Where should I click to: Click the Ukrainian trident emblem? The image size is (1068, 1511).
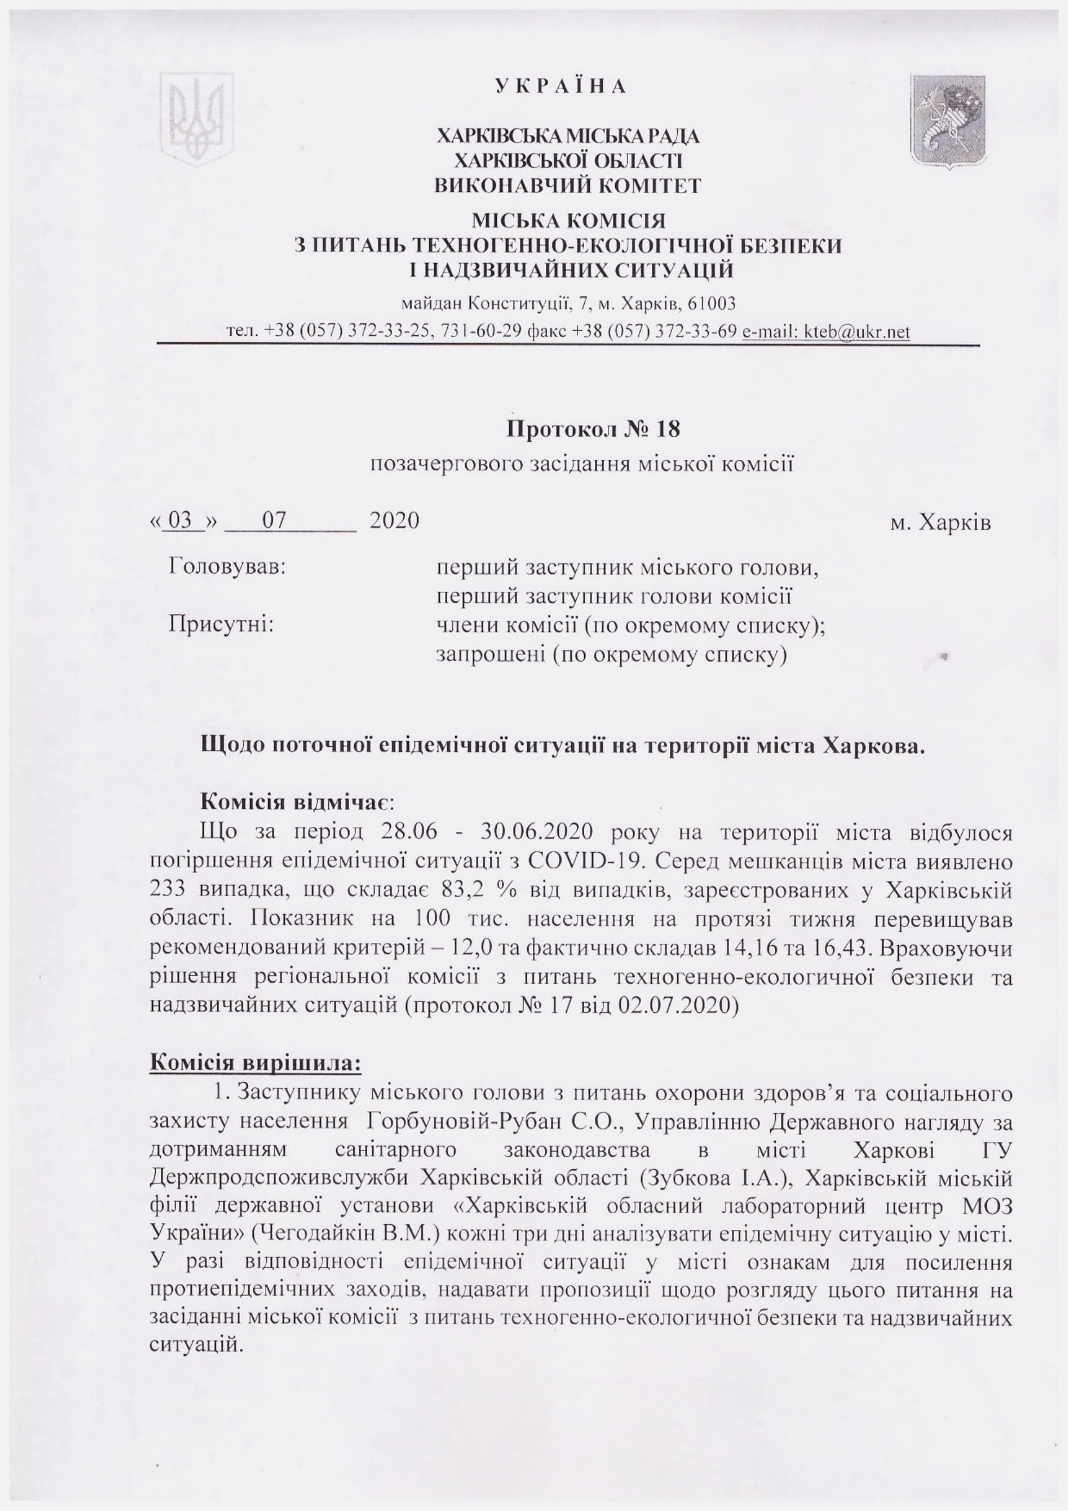(196, 118)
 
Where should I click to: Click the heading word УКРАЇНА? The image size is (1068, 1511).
(561, 86)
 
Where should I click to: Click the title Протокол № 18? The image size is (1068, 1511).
(593, 429)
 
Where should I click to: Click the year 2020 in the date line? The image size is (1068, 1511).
(394, 521)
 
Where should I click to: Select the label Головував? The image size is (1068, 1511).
(227, 566)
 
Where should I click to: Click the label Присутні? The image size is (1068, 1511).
(221, 623)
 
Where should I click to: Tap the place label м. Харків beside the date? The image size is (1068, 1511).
(940, 523)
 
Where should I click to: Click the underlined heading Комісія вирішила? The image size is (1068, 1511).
(255, 1063)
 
